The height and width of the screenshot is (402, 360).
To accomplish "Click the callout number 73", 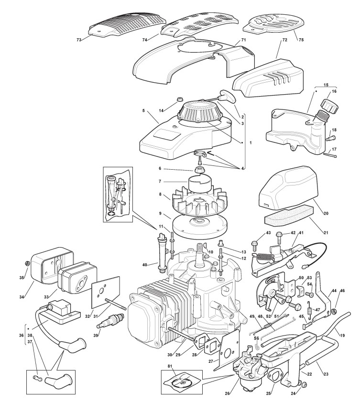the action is pyautogui.click(x=79, y=40).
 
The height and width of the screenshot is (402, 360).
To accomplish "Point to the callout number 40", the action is pyautogui.click(x=144, y=265).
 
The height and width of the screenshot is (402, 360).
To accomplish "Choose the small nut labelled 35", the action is pyautogui.click(x=26, y=263).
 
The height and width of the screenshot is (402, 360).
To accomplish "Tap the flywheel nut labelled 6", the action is pyautogui.click(x=199, y=170).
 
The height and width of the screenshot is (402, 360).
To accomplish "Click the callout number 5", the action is pyautogui.click(x=143, y=110).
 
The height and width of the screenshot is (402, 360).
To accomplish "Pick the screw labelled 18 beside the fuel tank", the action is pyautogui.click(x=329, y=139).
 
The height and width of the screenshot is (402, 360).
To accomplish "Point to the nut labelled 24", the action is pyautogui.click(x=303, y=384).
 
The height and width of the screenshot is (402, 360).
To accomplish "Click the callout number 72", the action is pyautogui.click(x=284, y=40).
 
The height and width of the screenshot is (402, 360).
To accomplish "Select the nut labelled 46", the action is pyautogui.click(x=334, y=312).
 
